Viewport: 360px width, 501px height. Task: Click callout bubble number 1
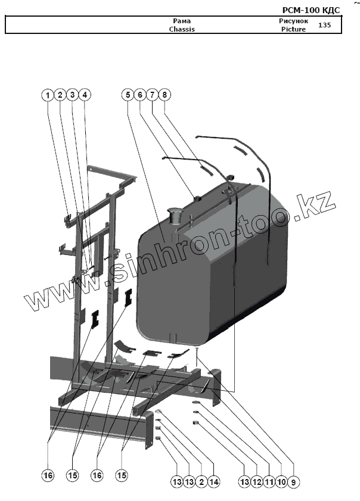[x=48, y=95]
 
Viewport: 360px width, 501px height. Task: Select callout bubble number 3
[x=72, y=95]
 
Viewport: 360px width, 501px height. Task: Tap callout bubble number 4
[x=85, y=95]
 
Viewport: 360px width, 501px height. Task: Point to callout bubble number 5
[x=128, y=95]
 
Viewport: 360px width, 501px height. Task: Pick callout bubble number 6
[x=140, y=95]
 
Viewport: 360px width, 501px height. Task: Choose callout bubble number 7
[x=153, y=95]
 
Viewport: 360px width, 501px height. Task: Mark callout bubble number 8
[x=165, y=95]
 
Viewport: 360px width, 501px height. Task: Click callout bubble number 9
[x=293, y=482]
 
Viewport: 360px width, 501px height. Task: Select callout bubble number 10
[x=281, y=482]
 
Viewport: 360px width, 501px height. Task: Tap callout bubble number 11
[x=269, y=482]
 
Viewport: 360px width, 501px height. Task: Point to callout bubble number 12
[x=257, y=482]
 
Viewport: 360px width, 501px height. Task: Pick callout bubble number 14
[x=213, y=482]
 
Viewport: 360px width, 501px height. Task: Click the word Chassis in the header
[x=182, y=29]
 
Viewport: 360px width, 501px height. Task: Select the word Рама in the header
[x=182, y=21]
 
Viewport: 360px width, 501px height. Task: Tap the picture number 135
[x=325, y=25]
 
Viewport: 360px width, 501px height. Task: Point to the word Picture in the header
[x=293, y=29]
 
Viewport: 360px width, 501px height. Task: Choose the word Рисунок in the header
[x=293, y=21]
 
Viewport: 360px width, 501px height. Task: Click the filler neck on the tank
[x=176, y=216]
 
